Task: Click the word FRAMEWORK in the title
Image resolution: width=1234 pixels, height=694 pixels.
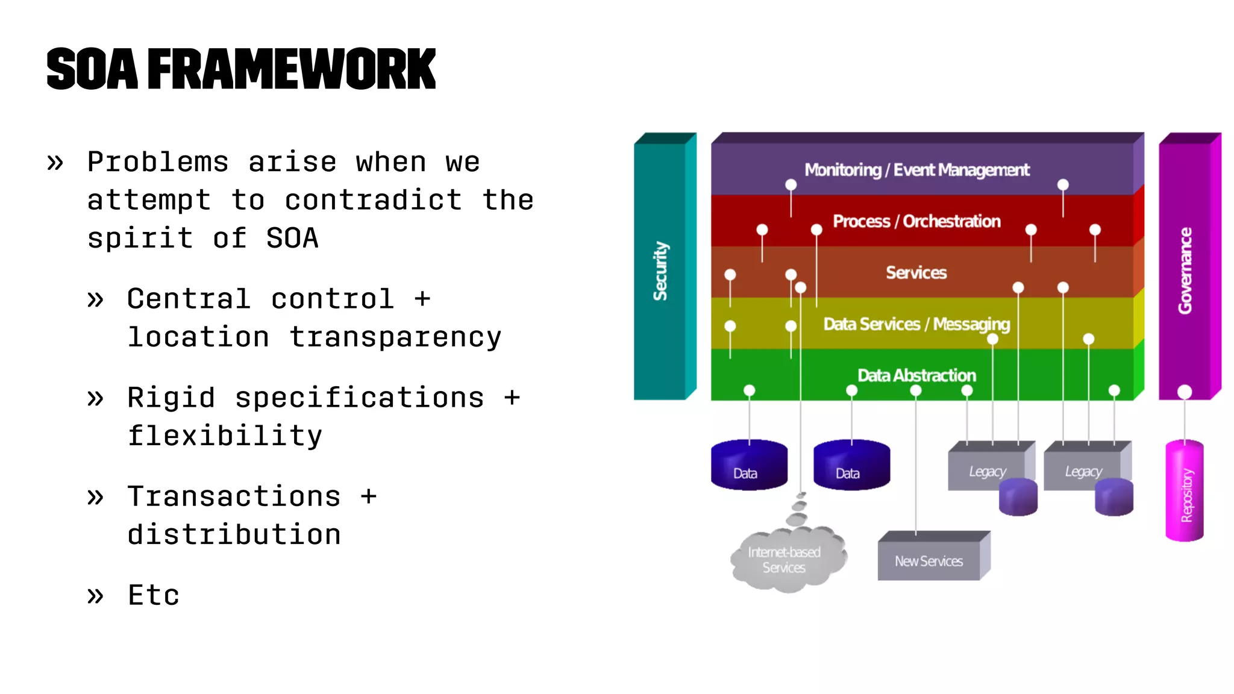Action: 291,70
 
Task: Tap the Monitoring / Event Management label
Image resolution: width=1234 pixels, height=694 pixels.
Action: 916,170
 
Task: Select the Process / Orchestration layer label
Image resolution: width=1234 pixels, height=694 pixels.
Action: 916,221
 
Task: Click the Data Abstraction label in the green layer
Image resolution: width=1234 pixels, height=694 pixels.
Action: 916,375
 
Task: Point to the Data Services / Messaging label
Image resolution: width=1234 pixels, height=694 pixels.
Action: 916,324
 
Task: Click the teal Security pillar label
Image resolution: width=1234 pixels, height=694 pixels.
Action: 661,271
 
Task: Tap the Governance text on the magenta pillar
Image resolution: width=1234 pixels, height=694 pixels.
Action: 1185,270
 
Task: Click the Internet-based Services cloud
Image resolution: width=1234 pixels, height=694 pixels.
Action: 784,560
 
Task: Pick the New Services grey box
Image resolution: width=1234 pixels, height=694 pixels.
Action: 929,561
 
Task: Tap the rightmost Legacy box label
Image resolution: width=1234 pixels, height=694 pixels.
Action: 1083,471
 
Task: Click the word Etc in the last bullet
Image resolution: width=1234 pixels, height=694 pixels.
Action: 154,595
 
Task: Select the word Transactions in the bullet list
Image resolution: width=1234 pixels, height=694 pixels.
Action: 234,496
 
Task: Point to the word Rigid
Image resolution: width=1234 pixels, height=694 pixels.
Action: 171,398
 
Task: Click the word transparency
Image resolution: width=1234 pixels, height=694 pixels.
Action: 395,337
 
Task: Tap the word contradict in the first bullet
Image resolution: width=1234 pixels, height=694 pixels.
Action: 373,200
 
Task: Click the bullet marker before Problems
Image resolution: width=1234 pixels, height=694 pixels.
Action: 55,162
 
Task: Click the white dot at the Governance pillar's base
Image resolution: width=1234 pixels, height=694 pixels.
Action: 1185,392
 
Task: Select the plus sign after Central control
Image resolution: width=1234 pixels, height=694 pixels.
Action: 422,299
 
